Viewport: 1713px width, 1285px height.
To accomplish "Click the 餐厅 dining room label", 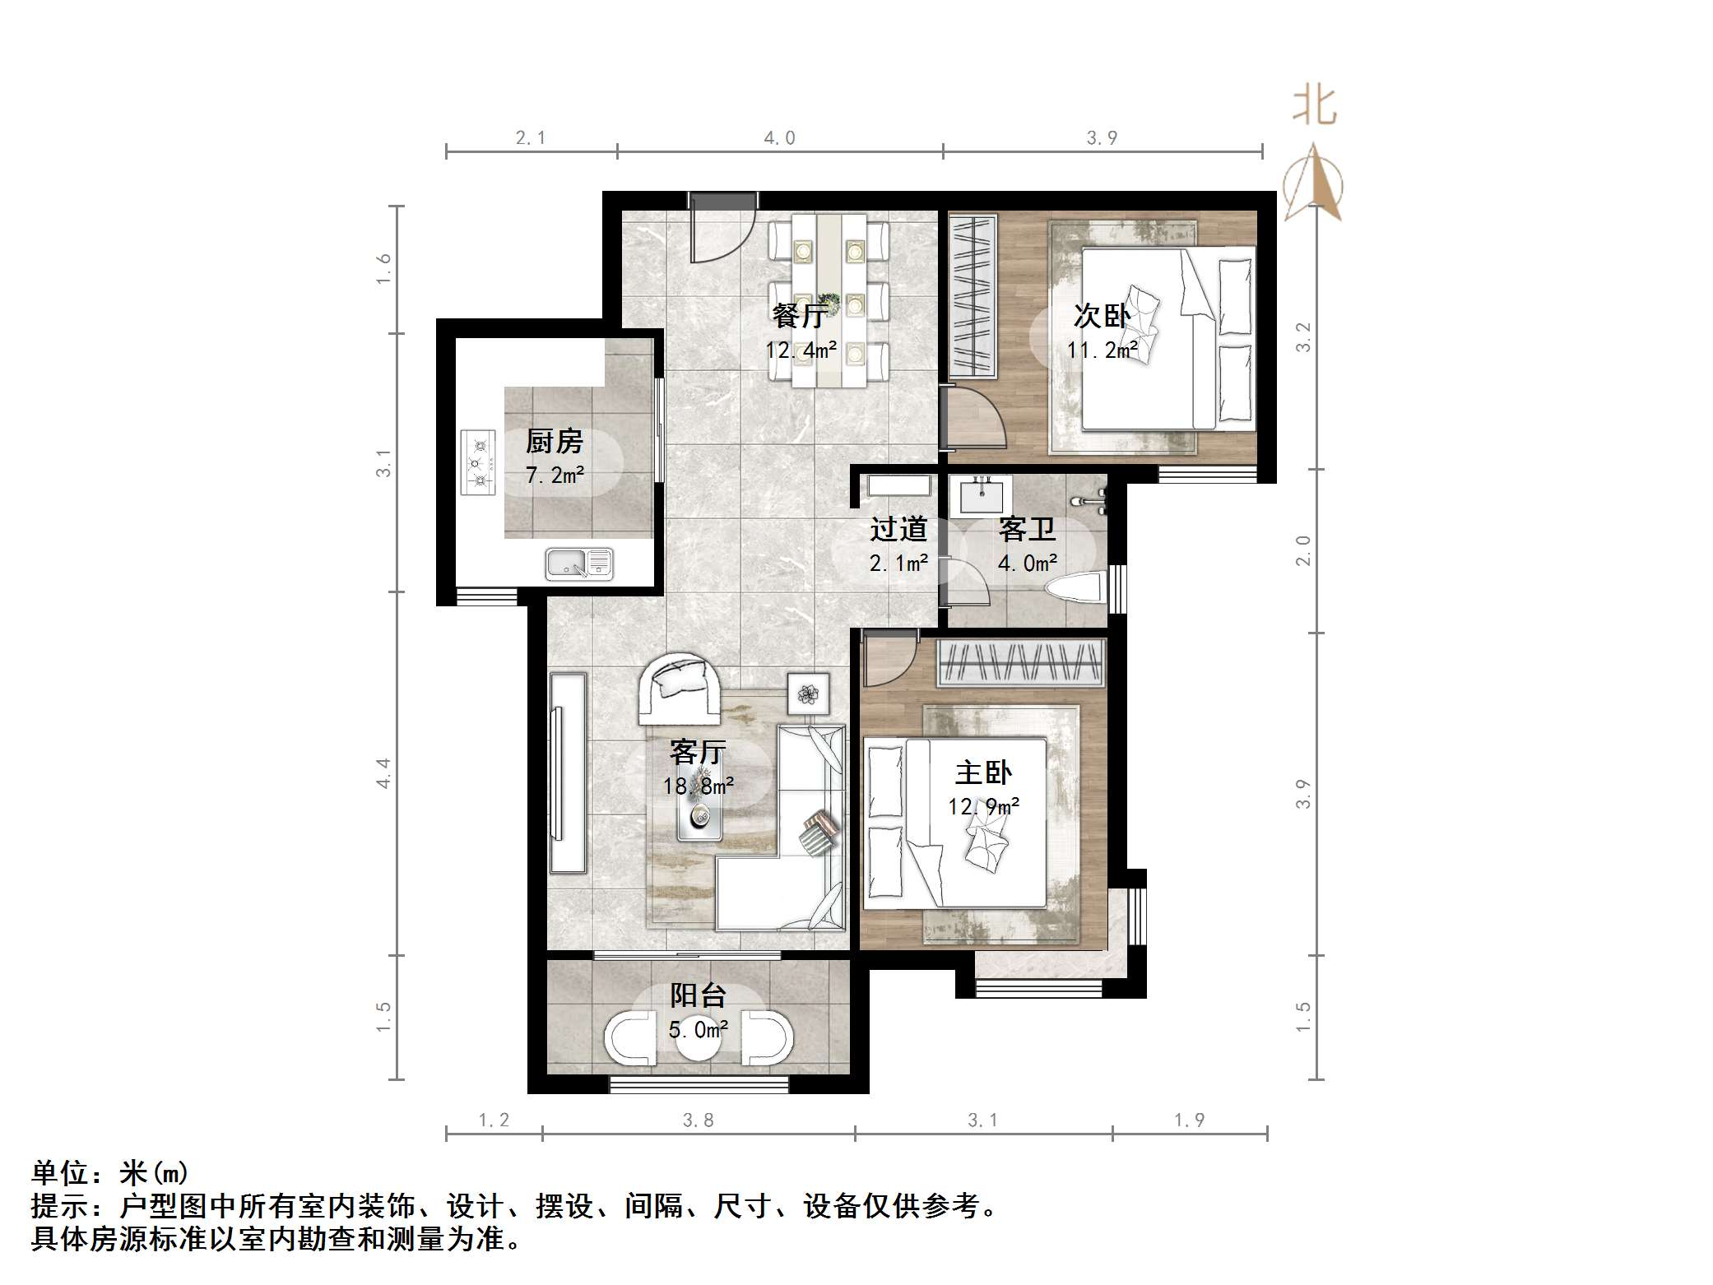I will pos(800,316).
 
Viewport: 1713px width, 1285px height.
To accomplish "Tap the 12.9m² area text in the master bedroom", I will pos(983,806).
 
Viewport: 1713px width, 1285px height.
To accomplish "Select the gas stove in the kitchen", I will pos(478,462).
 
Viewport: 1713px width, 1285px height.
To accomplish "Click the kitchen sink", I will pos(578,564).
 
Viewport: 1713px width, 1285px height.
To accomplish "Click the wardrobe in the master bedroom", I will pos(1020,663).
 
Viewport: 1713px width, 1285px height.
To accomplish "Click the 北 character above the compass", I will pos(1314,107).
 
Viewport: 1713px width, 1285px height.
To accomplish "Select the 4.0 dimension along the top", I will pos(779,138).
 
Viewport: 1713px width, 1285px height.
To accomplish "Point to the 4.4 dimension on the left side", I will pos(384,773).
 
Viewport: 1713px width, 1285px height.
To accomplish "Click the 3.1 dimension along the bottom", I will pos(982,1120).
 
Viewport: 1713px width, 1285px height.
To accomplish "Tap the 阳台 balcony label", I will pos(698,995).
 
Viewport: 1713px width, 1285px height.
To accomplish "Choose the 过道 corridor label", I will pos(898,529).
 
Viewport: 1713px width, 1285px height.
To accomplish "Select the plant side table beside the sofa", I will pos(808,693).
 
